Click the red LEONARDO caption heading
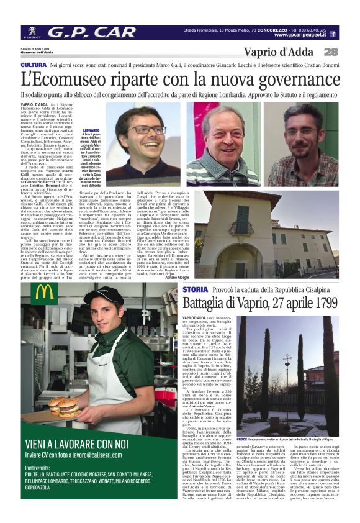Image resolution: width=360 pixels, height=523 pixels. pyautogui.click(x=90, y=131)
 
